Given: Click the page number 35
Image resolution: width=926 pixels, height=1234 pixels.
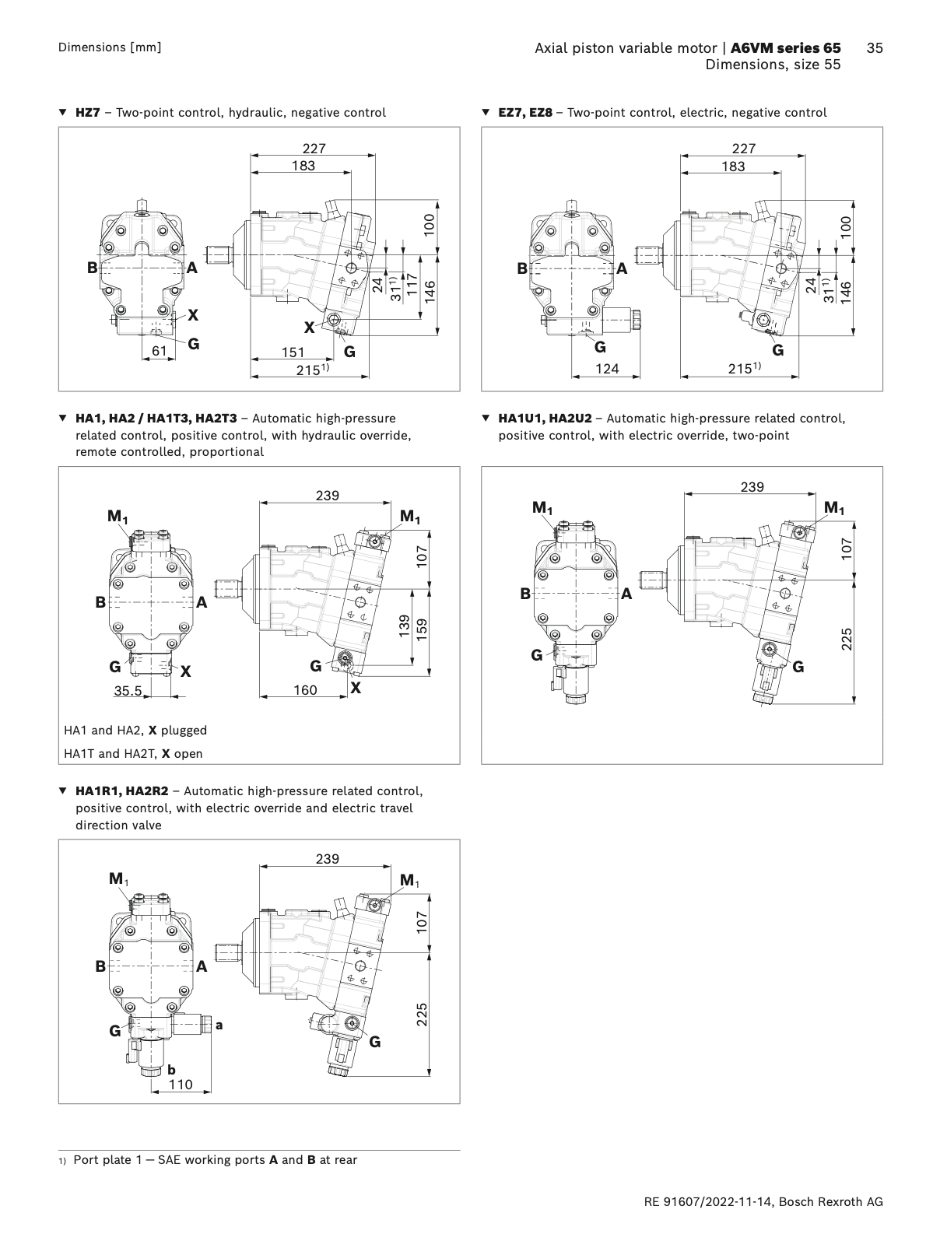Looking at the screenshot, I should (874, 48).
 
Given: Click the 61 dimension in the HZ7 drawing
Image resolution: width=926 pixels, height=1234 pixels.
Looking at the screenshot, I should (160, 351).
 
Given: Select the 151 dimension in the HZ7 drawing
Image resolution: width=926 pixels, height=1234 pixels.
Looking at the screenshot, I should (293, 352).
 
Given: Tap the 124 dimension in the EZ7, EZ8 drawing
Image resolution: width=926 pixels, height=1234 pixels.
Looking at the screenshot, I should (607, 369).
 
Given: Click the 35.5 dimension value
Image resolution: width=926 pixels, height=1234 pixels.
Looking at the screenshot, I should (128, 690).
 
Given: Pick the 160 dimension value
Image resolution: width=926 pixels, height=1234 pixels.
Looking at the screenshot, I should (305, 689).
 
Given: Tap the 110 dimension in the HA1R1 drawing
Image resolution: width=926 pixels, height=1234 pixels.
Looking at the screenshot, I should (181, 1085).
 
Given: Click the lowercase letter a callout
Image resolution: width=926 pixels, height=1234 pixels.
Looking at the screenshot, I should (219, 1025).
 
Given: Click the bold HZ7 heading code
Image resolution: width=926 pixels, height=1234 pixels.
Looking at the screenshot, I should (88, 113).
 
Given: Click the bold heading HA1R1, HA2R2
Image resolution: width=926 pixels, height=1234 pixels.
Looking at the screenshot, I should (121, 791).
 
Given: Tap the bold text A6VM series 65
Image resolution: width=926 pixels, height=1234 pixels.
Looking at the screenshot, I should (786, 48).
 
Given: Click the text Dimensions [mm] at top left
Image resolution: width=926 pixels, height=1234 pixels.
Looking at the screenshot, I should (110, 47).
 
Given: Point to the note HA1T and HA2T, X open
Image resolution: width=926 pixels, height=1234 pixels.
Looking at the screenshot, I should (133, 753).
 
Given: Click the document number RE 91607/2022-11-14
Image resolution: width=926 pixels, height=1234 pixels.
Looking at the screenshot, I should (718, 1202).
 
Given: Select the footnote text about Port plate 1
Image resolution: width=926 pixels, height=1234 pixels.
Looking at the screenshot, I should (215, 1160).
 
